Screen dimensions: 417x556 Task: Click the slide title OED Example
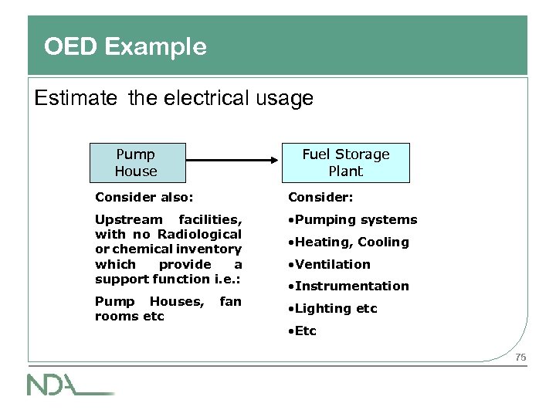click(x=125, y=47)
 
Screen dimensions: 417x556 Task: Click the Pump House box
click(x=136, y=163)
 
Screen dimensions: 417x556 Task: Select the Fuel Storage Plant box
click(x=345, y=163)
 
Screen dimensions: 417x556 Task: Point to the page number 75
click(x=520, y=357)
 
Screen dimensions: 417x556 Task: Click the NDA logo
click(x=70, y=384)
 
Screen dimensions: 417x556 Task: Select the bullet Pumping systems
click(x=353, y=220)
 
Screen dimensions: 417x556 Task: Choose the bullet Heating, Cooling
click(x=349, y=242)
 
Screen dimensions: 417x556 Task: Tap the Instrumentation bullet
click(x=349, y=286)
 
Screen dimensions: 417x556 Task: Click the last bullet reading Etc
click(x=303, y=331)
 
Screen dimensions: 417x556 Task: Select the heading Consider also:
click(x=144, y=198)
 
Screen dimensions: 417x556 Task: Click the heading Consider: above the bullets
click(x=320, y=198)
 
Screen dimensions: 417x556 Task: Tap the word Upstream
click(x=129, y=219)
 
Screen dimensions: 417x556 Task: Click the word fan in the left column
click(x=230, y=301)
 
